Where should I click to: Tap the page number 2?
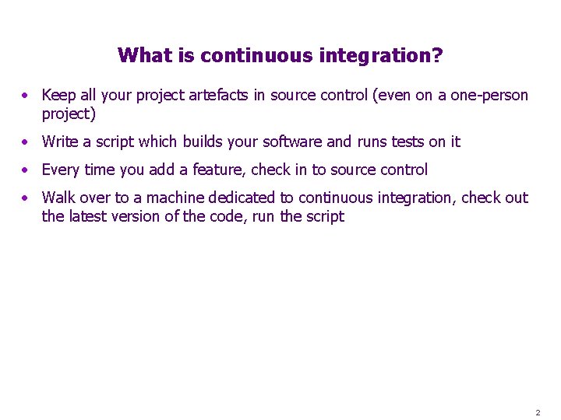pos(538,411)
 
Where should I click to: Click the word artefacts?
pos(215,95)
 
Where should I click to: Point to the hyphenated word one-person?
pos(489,95)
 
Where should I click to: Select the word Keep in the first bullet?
pos(59,95)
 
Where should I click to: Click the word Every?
pos(61,170)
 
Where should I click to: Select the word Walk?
pos(58,198)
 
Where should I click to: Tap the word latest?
pos(87,216)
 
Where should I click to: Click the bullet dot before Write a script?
pos(26,142)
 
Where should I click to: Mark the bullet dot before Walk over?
pos(26,198)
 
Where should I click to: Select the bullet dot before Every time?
pos(26,170)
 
